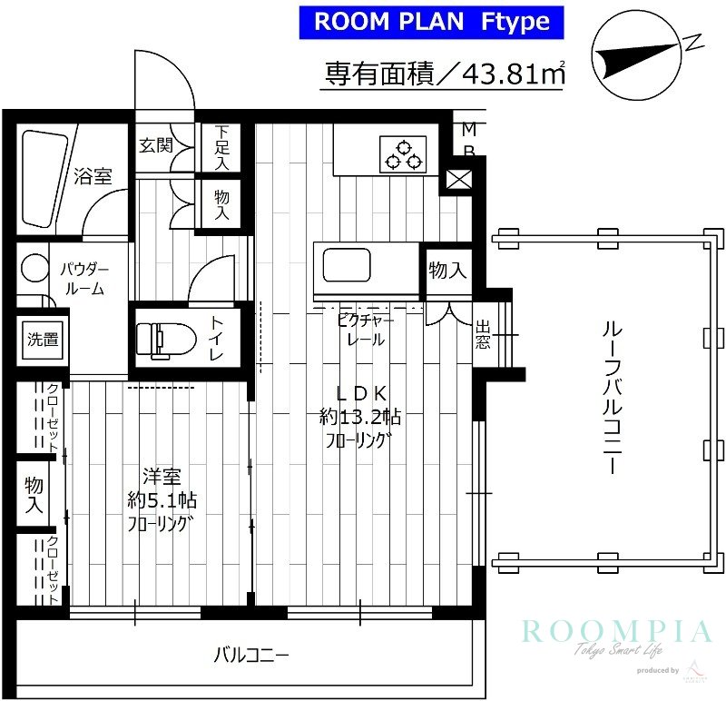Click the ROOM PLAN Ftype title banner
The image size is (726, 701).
point(432,22)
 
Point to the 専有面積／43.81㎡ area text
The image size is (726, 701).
point(445,73)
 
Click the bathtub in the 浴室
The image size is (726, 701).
point(44,178)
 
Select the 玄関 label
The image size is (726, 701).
point(155,145)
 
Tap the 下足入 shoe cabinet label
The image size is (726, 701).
point(221,147)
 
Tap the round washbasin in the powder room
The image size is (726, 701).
point(34,267)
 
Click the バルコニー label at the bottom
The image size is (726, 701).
point(250,654)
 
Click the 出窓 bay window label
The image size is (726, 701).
point(483,335)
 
